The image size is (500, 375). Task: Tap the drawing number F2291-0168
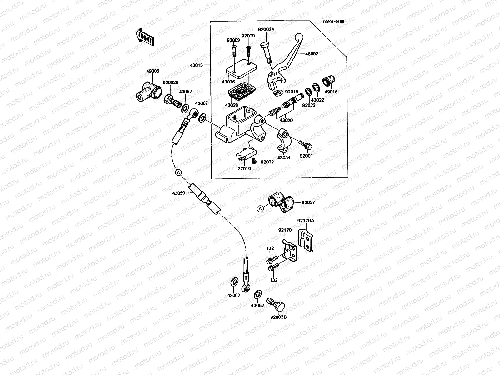(333, 22)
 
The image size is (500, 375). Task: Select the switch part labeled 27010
(246, 155)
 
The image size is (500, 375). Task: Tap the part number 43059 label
(178, 193)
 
